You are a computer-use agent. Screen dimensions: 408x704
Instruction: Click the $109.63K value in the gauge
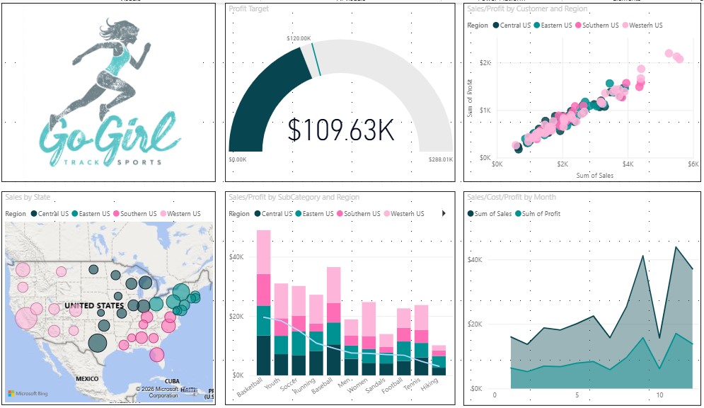coord(341,130)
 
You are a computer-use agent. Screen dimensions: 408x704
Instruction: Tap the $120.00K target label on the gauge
coord(299,38)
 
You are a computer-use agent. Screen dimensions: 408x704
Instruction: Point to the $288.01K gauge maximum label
coord(439,160)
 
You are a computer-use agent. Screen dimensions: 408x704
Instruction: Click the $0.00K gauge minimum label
coord(237,160)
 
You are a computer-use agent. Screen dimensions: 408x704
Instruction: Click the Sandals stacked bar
coord(386,354)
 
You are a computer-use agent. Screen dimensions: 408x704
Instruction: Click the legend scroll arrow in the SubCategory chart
coord(444,213)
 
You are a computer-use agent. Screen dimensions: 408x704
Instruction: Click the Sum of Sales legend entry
coord(492,213)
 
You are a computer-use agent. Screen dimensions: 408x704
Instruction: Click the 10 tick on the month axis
coord(659,395)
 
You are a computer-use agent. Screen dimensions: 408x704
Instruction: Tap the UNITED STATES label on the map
coord(94,306)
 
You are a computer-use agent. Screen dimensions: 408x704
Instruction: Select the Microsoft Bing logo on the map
coord(27,393)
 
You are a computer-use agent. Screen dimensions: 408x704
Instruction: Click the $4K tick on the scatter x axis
coord(628,164)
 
